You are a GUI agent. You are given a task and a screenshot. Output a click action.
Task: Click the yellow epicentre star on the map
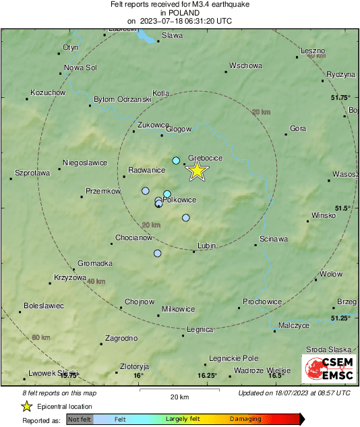(196, 171)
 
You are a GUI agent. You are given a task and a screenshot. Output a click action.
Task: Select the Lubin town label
(206, 246)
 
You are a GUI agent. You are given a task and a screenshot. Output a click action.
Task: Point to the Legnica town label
(200, 329)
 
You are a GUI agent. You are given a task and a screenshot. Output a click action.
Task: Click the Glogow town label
(179, 129)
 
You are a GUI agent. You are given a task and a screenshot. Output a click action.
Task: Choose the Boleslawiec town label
(43, 306)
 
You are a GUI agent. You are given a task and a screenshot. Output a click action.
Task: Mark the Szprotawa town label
(32, 173)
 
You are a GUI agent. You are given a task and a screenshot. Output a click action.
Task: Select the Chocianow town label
(132, 237)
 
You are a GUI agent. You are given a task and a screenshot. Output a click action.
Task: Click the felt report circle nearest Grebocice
(176, 161)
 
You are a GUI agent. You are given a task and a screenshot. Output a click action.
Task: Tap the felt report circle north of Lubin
(186, 217)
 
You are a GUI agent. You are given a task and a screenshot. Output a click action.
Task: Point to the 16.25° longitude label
(208, 376)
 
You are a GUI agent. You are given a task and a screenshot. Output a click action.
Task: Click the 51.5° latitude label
(342, 208)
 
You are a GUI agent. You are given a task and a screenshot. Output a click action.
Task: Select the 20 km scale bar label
(179, 397)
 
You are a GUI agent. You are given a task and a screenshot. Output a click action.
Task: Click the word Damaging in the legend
(245, 419)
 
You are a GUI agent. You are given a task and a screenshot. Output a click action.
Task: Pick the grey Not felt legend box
(80, 419)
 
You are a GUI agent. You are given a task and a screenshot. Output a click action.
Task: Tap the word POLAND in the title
(179, 12)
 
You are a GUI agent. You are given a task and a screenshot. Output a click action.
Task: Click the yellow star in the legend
(26, 406)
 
